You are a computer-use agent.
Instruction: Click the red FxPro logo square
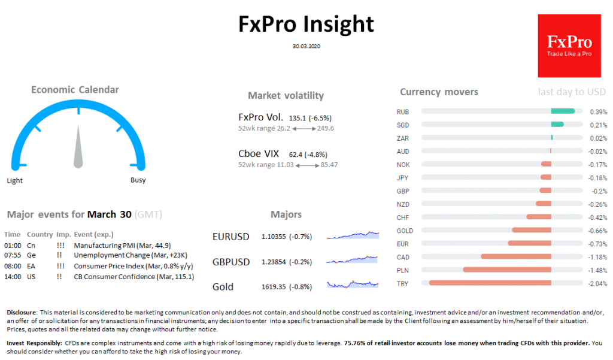[569, 46]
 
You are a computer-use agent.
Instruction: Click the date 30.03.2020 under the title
[306, 46]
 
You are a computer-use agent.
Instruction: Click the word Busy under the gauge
[138, 180]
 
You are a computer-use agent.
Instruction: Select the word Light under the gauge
[15, 180]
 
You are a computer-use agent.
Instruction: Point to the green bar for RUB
[563, 111]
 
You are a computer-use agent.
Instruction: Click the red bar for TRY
[490, 283]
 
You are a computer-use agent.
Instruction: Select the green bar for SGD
[557, 125]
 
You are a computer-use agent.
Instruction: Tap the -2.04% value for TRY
[599, 283]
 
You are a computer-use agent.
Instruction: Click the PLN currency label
[402, 270]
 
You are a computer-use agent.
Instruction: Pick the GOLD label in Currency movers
[405, 231]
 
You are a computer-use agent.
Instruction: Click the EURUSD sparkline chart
[353, 235]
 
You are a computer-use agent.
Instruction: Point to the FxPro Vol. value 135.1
[298, 118]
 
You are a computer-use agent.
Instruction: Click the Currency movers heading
[439, 92]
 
